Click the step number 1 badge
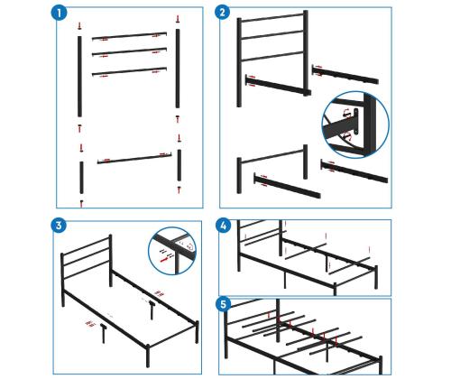(x=60, y=14)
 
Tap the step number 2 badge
(x=223, y=13)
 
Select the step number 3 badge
(x=59, y=225)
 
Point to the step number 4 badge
(x=224, y=226)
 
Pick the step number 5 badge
(x=224, y=304)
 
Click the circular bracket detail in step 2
(x=355, y=125)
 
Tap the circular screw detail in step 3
(x=172, y=251)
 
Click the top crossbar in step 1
(x=129, y=36)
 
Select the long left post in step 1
(x=79, y=77)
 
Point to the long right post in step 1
(x=178, y=69)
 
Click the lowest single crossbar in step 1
(x=134, y=159)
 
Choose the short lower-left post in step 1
(x=81, y=178)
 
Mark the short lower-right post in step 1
(x=179, y=165)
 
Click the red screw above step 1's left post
(x=79, y=25)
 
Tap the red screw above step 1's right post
(x=178, y=19)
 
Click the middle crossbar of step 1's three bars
(x=129, y=51)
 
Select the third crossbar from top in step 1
(x=129, y=71)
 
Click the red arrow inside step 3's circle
(x=164, y=259)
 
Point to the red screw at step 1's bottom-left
(x=81, y=204)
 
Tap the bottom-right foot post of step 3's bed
(x=148, y=356)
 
